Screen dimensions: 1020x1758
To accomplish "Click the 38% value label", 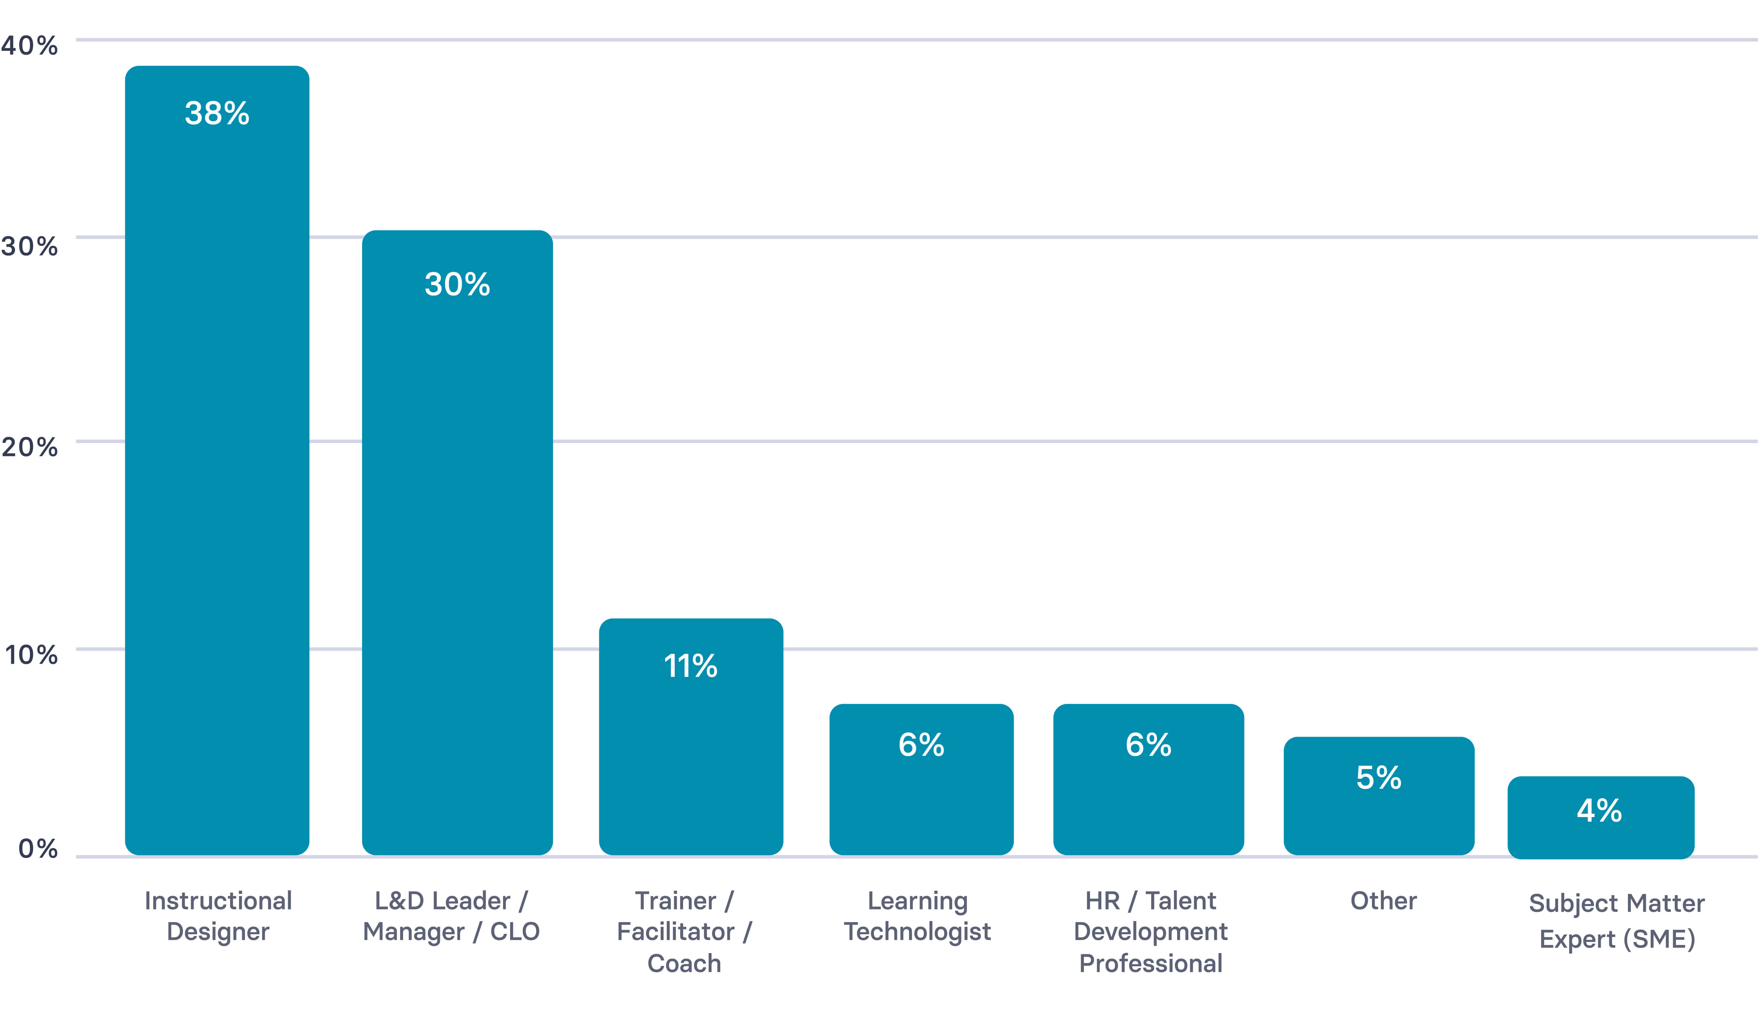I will click(217, 113).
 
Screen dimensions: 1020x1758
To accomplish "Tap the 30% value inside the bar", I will click(457, 284).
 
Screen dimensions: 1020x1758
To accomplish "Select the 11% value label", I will click(690, 666).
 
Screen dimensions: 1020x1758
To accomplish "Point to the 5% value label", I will click(1379, 777).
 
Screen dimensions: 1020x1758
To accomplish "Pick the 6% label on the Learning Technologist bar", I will click(921, 745).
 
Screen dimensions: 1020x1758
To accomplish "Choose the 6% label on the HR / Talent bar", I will click(1148, 745).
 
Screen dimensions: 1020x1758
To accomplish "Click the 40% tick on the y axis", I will click(29, 46).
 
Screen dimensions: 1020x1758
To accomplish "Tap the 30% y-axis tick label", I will click(29, 246).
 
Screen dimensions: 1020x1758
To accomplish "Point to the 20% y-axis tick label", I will click(29, 447).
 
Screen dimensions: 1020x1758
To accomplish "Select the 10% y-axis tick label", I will click(31, 655).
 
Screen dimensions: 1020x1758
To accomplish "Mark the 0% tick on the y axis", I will click(38, 848).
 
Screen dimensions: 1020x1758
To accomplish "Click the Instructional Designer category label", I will click(218, 915).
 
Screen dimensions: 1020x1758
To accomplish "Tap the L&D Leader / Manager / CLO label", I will click(451, 915).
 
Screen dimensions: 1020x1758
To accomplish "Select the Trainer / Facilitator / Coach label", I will click(684, 931).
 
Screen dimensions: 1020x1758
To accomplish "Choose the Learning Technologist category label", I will click(917, 915).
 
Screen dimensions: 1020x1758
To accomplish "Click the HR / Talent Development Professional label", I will click(1151, 931).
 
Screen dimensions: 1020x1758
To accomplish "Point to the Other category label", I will click(1383, 901).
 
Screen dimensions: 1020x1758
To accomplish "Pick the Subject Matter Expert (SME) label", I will click(1616, 920).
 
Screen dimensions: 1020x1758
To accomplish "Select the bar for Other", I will click(1379, 816).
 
